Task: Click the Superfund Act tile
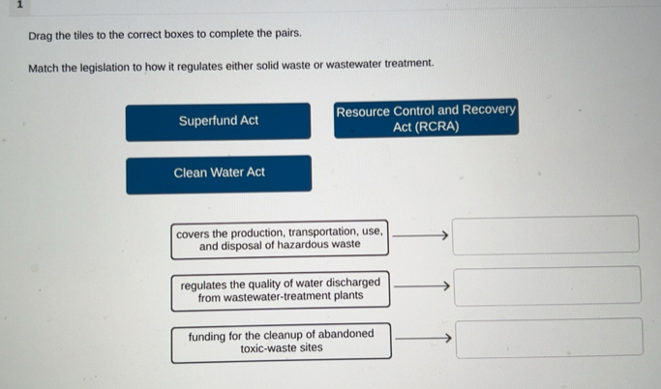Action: (x=218, y=121)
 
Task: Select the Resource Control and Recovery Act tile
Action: (x=426, y=118)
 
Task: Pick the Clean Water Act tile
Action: (x=219, y=173)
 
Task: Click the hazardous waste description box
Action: (x=280, y=239)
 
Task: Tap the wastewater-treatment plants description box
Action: (x=281, y=289)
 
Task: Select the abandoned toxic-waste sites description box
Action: (x=281, y=342)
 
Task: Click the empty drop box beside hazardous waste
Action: (x=546, y=235)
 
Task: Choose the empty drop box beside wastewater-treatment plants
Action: (x=547, y=286)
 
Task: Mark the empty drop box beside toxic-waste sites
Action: (x=547, y=338)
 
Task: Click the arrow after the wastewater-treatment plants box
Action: (x=423, y=285)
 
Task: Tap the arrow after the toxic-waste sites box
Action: (x=423, y=338)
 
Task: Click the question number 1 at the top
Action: (x=17, y=6)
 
